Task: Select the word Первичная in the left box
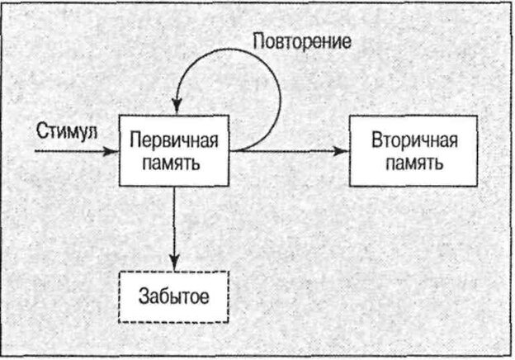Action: click(173, 138)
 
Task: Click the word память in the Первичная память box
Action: click(173, 160)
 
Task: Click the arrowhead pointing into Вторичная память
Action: click(339, 151)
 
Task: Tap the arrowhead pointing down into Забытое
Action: click(173, 263)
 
